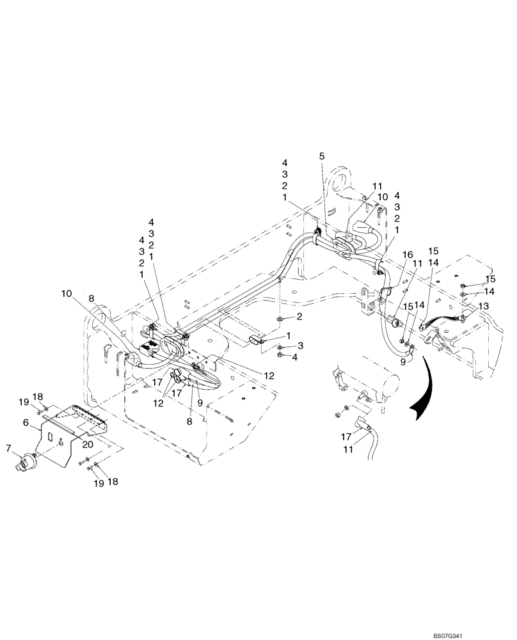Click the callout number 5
point(322,156)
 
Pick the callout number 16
point(408,255)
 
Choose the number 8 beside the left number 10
point(91,298)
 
